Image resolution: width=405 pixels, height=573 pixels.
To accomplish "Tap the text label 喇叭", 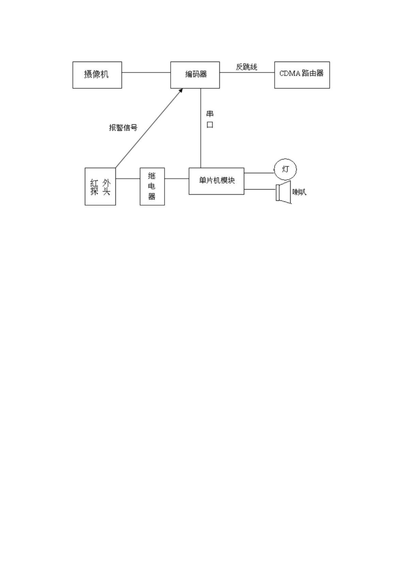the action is click(x=299, y=192).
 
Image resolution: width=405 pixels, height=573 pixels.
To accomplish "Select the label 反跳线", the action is click(x=247, y=67).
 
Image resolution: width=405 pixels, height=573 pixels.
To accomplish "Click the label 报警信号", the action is click(x=123, y=127).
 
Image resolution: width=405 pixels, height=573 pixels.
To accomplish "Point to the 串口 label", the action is click(x=210, y=119).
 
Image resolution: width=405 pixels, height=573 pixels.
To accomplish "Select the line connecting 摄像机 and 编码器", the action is click(x=146, y=73).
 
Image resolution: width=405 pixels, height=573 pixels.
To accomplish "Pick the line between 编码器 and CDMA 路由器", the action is click(x=247, y=73).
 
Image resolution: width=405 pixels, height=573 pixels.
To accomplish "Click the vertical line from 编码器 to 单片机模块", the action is click(x=201, y=128).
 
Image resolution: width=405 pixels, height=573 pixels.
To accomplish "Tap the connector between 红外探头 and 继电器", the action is click(x=128, y=179).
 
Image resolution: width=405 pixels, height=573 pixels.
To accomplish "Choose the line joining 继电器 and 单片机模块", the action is click(x=177, y=179).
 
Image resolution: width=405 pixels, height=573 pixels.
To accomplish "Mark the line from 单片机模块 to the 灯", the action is click(x=259, y=173).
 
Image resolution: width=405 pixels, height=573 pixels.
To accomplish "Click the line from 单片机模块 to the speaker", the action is click(x=260, y=189).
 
